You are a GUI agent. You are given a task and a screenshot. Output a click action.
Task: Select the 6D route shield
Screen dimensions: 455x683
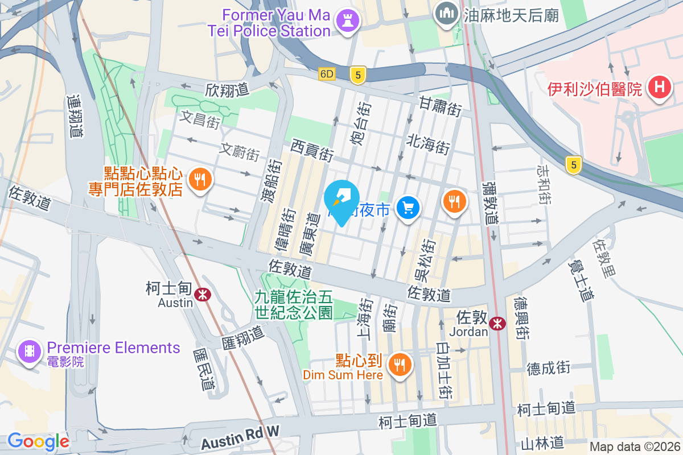pyautogui.click(x=327, y=74)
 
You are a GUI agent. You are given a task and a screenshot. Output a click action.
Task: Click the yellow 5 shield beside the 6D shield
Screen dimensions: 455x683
pyautogui.click(x=357, y=75)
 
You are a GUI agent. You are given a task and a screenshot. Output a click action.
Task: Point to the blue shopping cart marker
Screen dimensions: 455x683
pyautogui.click(x=408, y=208)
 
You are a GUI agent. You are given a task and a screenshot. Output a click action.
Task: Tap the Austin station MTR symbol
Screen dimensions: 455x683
pyautogui.click(x=201, y=294)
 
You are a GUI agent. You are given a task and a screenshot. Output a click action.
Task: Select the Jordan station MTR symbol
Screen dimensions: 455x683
pyautogui.click(x=498, y=324)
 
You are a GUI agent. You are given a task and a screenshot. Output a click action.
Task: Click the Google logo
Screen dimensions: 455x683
pyautogui.click(x=38, y=441)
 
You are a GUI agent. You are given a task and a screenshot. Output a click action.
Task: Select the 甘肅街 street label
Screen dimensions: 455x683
pyautogui.click(x=441, y=106)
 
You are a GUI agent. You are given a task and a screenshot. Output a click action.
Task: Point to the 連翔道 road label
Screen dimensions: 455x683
pyautogui.click(x=74, y=117)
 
